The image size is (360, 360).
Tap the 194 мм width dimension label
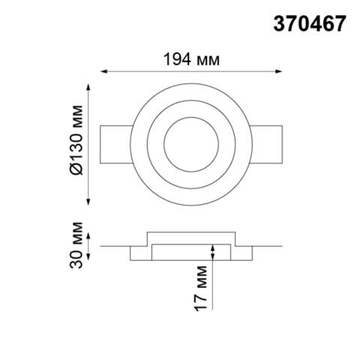191,58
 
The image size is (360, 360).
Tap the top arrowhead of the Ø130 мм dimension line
91,90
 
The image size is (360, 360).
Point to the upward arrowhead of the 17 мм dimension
214,247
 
